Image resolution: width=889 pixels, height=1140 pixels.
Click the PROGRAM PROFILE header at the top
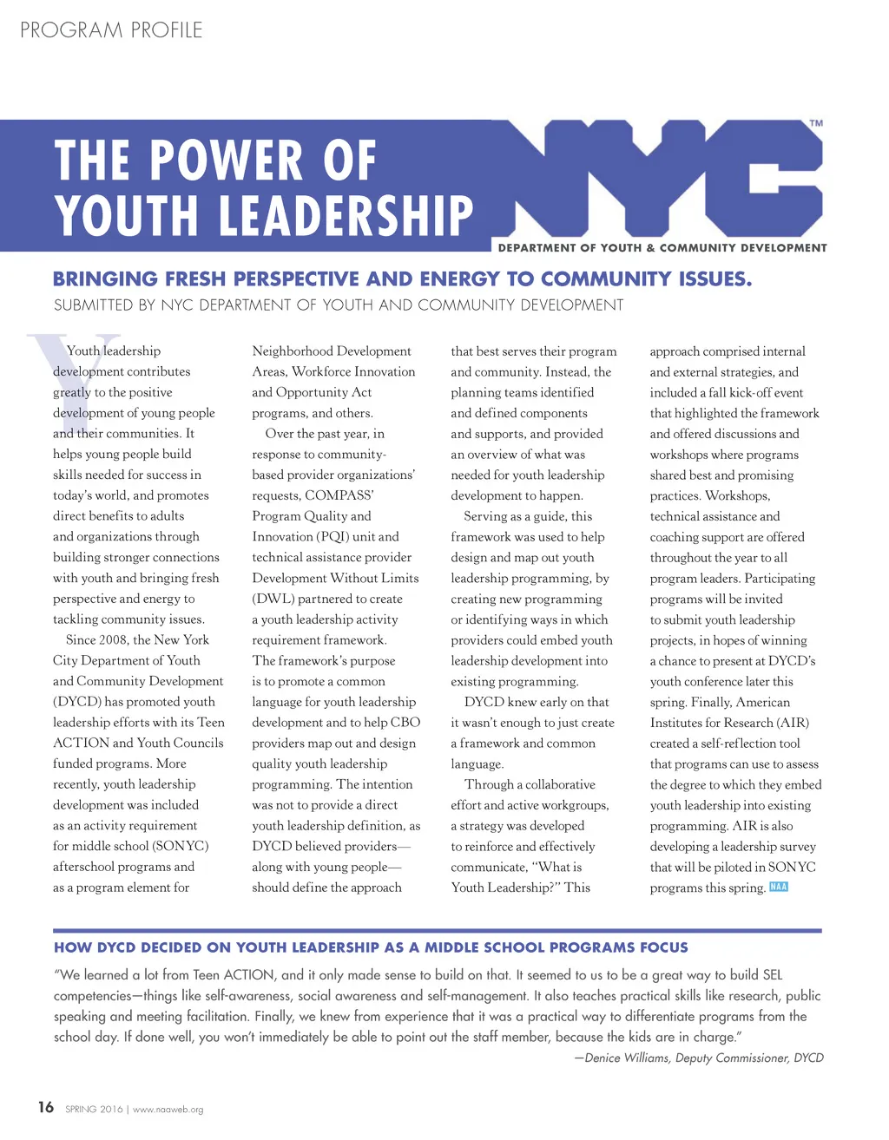(x=111, y=30)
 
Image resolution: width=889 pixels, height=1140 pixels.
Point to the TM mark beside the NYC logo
(x=816, y=124)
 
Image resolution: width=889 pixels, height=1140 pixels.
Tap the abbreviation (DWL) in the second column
(x=276, y=599)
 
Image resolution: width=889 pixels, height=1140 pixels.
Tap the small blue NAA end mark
(x=779, y=887)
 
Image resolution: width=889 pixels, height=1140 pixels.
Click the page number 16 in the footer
(x=45, y=1107)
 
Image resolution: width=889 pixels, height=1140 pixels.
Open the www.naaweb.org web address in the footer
(x=168, y=1110)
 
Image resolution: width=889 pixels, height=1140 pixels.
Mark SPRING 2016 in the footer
(x=94, y=1110)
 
